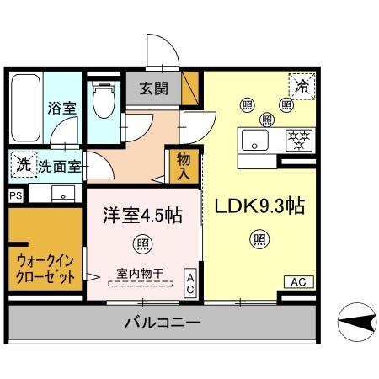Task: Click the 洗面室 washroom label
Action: coord(61,167)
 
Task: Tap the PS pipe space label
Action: coord(15,195)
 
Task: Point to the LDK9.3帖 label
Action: coord(259,206)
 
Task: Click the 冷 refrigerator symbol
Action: coord(301,85)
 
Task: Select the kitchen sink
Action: coord(254,140)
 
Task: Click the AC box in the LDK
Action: coord(298,282)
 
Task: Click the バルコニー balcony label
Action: coord(163,323)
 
